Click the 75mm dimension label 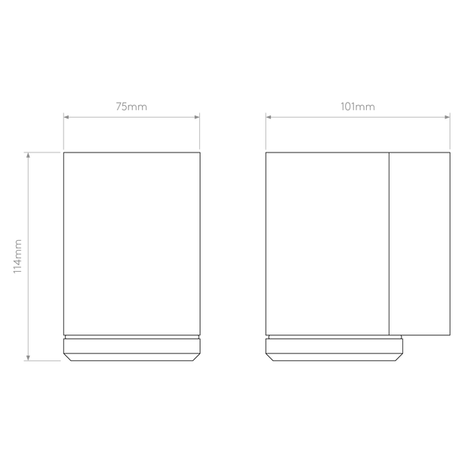(131, 106)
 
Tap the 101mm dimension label (357, 106)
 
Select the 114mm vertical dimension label (17, 257)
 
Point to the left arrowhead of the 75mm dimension (66, 117)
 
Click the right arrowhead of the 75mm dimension (197, 117)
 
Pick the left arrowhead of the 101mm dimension (269, 117)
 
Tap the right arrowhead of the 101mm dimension (447, 117)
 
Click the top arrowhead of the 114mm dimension (28, 156)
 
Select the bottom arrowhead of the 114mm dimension (28, 358)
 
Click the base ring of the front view (132, 350)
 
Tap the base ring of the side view (334, 350)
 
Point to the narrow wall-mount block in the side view (420, 244)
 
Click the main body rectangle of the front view (132, 244)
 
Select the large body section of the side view (328, 244)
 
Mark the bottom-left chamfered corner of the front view (68, 357)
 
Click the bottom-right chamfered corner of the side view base (399, 357)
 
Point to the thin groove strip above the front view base (132, 337)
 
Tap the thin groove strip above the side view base (335, 337)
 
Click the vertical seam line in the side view (389, 244)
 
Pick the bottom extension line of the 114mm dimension (42, 361)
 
